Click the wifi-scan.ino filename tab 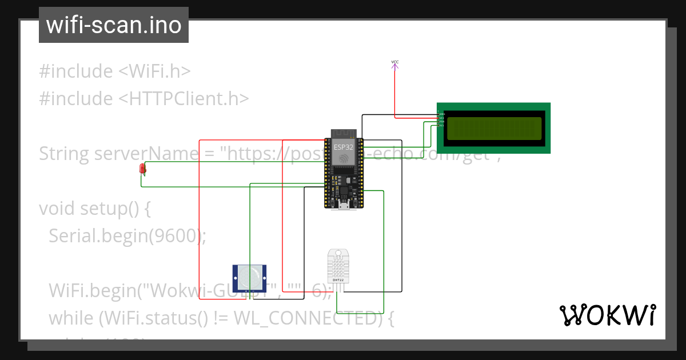coord(113,25)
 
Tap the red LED coord(142,169)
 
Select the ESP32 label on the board coord(344,147)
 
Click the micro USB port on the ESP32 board coord(344,206)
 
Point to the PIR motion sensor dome coord(250,277)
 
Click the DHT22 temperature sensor coord(338,267)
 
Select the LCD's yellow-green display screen coord(493,129)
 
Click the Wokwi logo coord(607,315)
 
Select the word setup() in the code coord(115,209)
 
